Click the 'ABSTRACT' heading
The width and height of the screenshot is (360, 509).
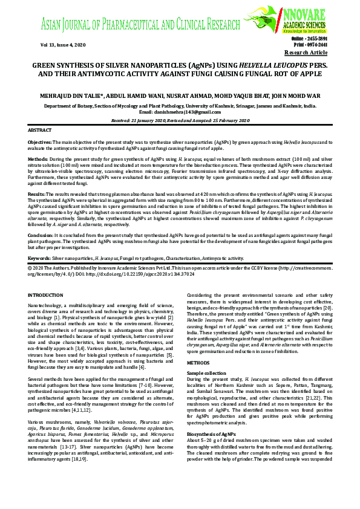(41, 131)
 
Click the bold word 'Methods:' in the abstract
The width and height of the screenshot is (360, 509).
(38, 157)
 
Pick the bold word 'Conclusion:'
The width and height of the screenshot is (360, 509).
(41, 251)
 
